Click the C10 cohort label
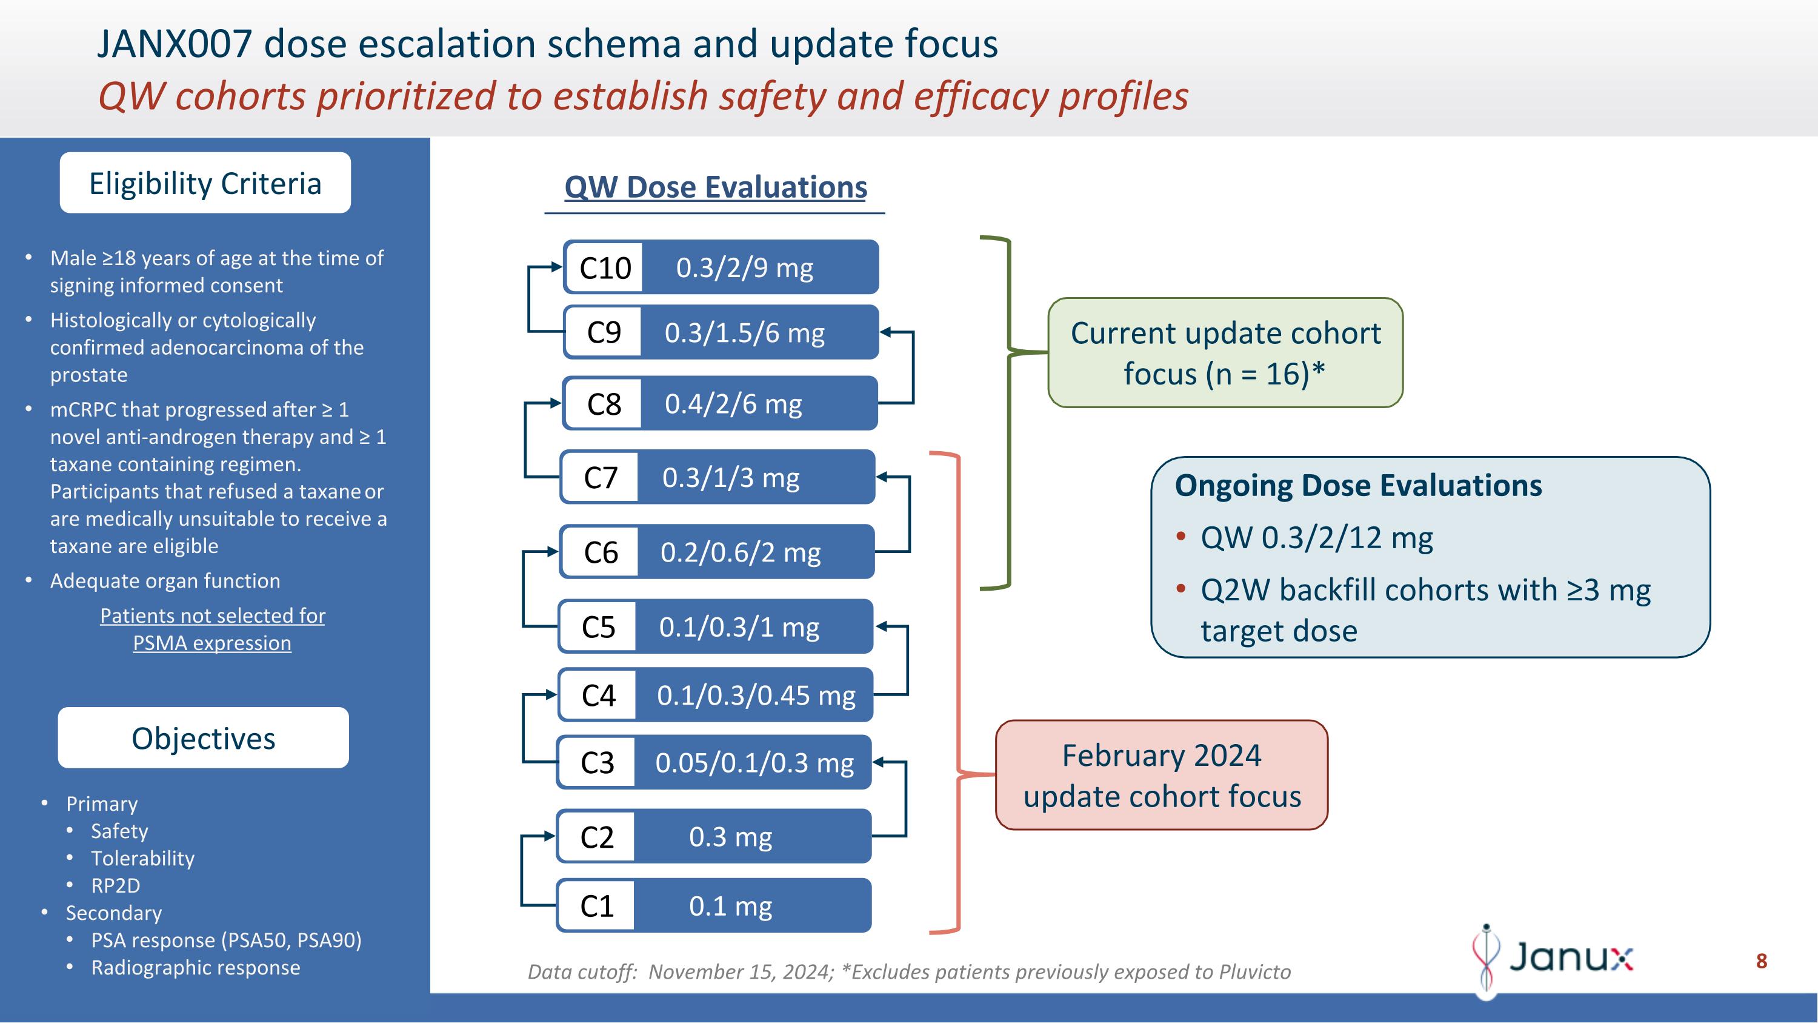(605, 267)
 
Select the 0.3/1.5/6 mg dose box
(745, 332)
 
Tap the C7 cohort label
(601, 477)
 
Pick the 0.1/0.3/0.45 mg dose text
(756, 696)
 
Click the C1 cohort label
(596, 906)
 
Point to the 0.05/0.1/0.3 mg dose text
(754, 762)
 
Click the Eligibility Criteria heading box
(205, 183)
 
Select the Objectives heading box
(203, 738)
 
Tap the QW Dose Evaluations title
(715, 187)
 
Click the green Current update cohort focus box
(1225, 352)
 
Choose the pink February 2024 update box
(1162, 775)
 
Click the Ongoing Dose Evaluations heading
(1358, 486)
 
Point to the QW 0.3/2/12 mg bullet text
(1316, 538)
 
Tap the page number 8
(1761, 961)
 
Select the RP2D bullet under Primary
(116, 885)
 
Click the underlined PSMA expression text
(211, 643)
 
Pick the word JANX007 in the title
(173, 44)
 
